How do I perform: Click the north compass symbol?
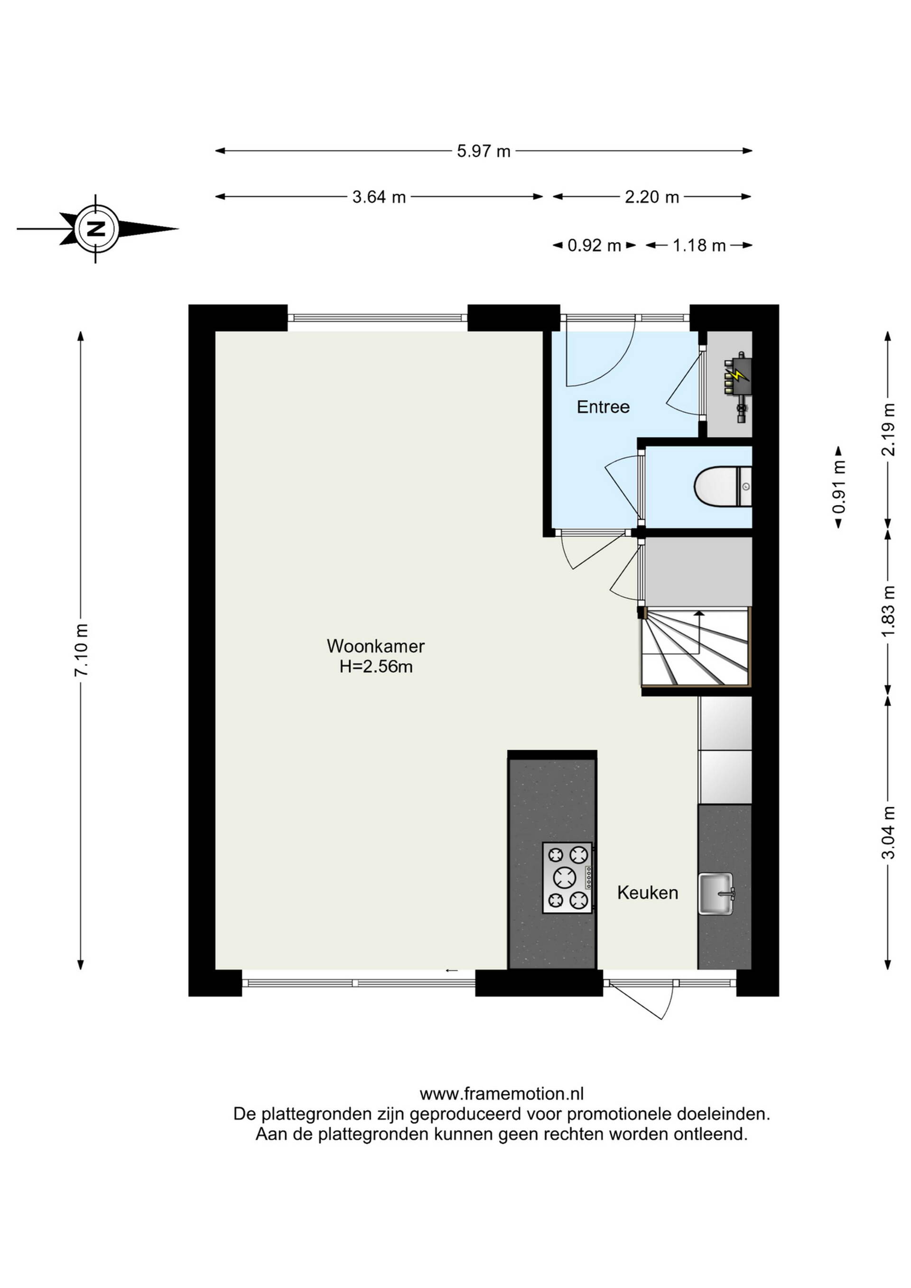[97, 229]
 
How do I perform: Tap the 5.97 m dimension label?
[483, 151]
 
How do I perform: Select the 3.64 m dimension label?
[379, 197]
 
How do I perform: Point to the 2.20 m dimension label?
[652, 197]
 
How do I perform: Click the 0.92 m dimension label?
[594, 246]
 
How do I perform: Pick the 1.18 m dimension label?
[699, 246]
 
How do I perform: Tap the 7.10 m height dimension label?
[81, 650]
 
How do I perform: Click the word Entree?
[603, 407]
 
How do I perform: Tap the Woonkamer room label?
[376, 646]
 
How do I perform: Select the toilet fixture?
[723, 487]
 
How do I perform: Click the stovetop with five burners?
[567, 878]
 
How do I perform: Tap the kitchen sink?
[716, 894]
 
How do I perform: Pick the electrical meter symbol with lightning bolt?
[738, 387]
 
